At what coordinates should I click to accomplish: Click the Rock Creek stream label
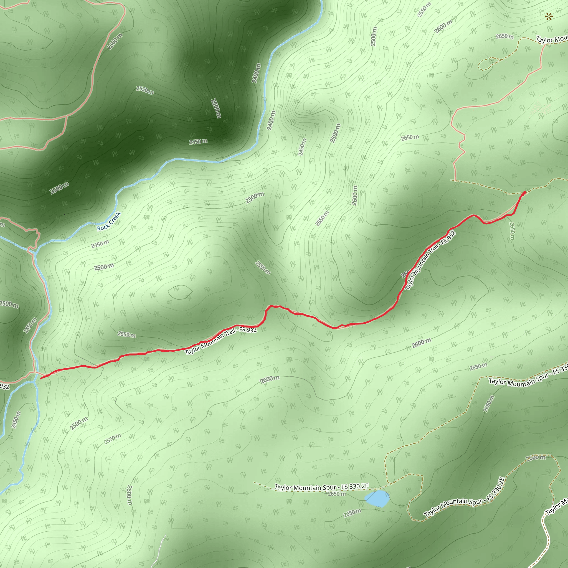[x=109, y=221]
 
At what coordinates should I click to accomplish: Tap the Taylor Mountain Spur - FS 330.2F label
[x=321, y=487]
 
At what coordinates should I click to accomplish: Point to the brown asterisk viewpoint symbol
[x=548, y=17]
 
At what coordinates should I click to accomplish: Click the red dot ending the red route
[x=524, y=192]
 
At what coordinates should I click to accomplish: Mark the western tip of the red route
[x=41, y=378]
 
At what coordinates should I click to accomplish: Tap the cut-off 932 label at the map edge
[x=4, y=386]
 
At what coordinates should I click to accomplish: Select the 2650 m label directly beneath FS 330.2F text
[x=337, y=494]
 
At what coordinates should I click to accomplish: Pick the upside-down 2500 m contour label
[x=216, y=108]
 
